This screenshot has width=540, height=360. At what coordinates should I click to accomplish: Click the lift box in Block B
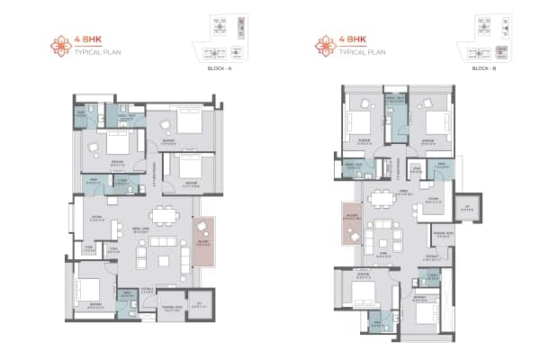(x=467, y=206)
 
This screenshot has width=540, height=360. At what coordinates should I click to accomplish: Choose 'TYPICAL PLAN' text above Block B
(x=364, y=51)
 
